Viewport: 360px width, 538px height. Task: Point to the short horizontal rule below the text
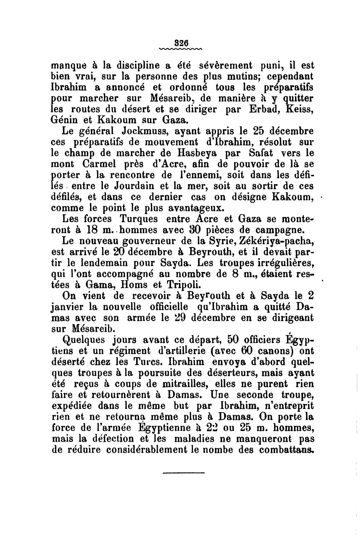184,472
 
